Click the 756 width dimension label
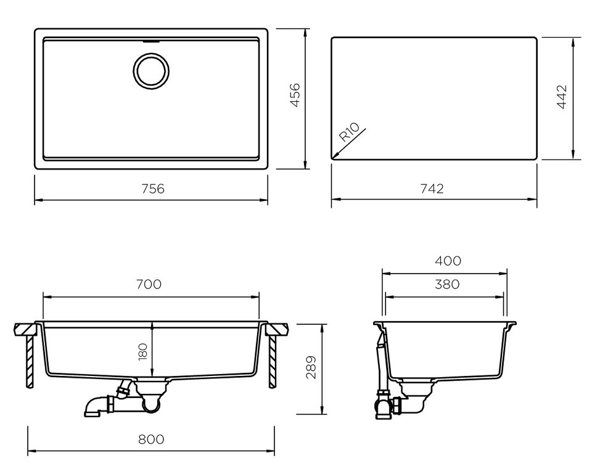click(x=153, y=189)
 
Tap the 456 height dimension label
click(x=295, y=95)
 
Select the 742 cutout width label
click(x=432, y=189)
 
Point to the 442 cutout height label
click(x=562, y=97)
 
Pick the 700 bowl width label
click(x=149, y=283)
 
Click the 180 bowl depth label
click(x=143, y=352)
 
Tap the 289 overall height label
click(x=311, y=367)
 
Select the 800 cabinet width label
click(x=151, y=439)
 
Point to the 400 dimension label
click(x=448, y=261)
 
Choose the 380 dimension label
click(x=447, y=283)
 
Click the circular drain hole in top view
click(x=151, y=71)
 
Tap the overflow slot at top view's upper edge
click(x=151, y=41)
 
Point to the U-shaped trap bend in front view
click(x=152, y=406)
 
